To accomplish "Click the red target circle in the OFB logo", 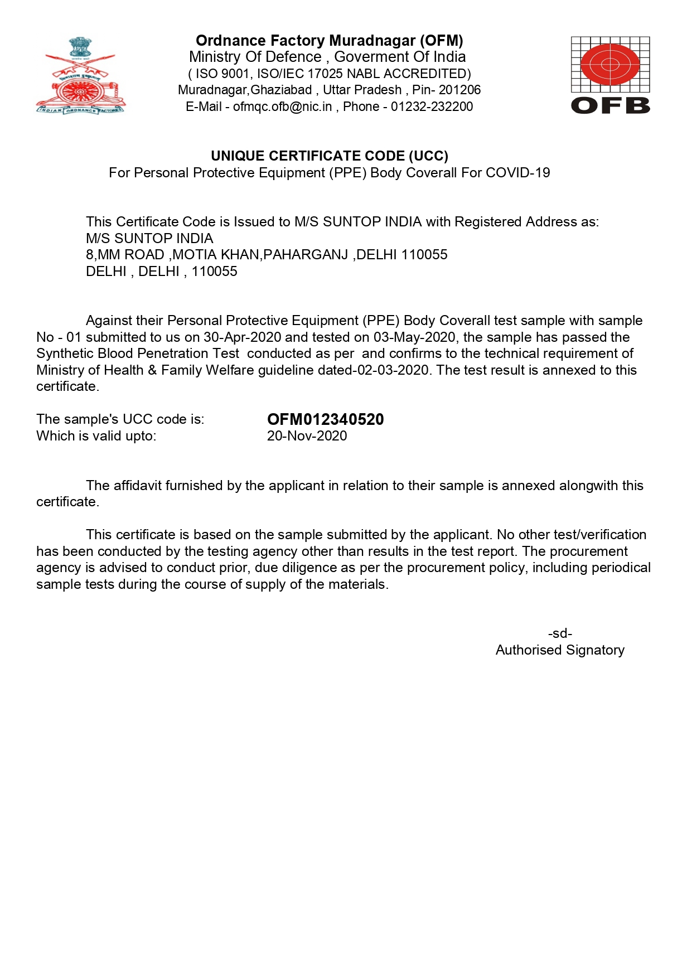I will coord(610,65).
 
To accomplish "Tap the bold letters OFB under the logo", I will coord(611,105).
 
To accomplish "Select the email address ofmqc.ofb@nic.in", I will coord(282,106).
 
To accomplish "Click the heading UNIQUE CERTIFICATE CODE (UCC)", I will coord(330,156).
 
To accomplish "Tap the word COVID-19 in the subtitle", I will coord(517,173).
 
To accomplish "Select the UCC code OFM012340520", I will coord(325,419).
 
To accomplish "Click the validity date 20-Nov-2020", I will coord(307,436).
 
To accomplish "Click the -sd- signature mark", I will coord(560,633).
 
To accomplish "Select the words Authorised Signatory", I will coord(560,650).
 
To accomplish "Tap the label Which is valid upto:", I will coord(96,436).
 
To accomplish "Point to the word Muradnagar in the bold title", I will coord(372,41).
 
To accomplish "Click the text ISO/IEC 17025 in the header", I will coord(300,74).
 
